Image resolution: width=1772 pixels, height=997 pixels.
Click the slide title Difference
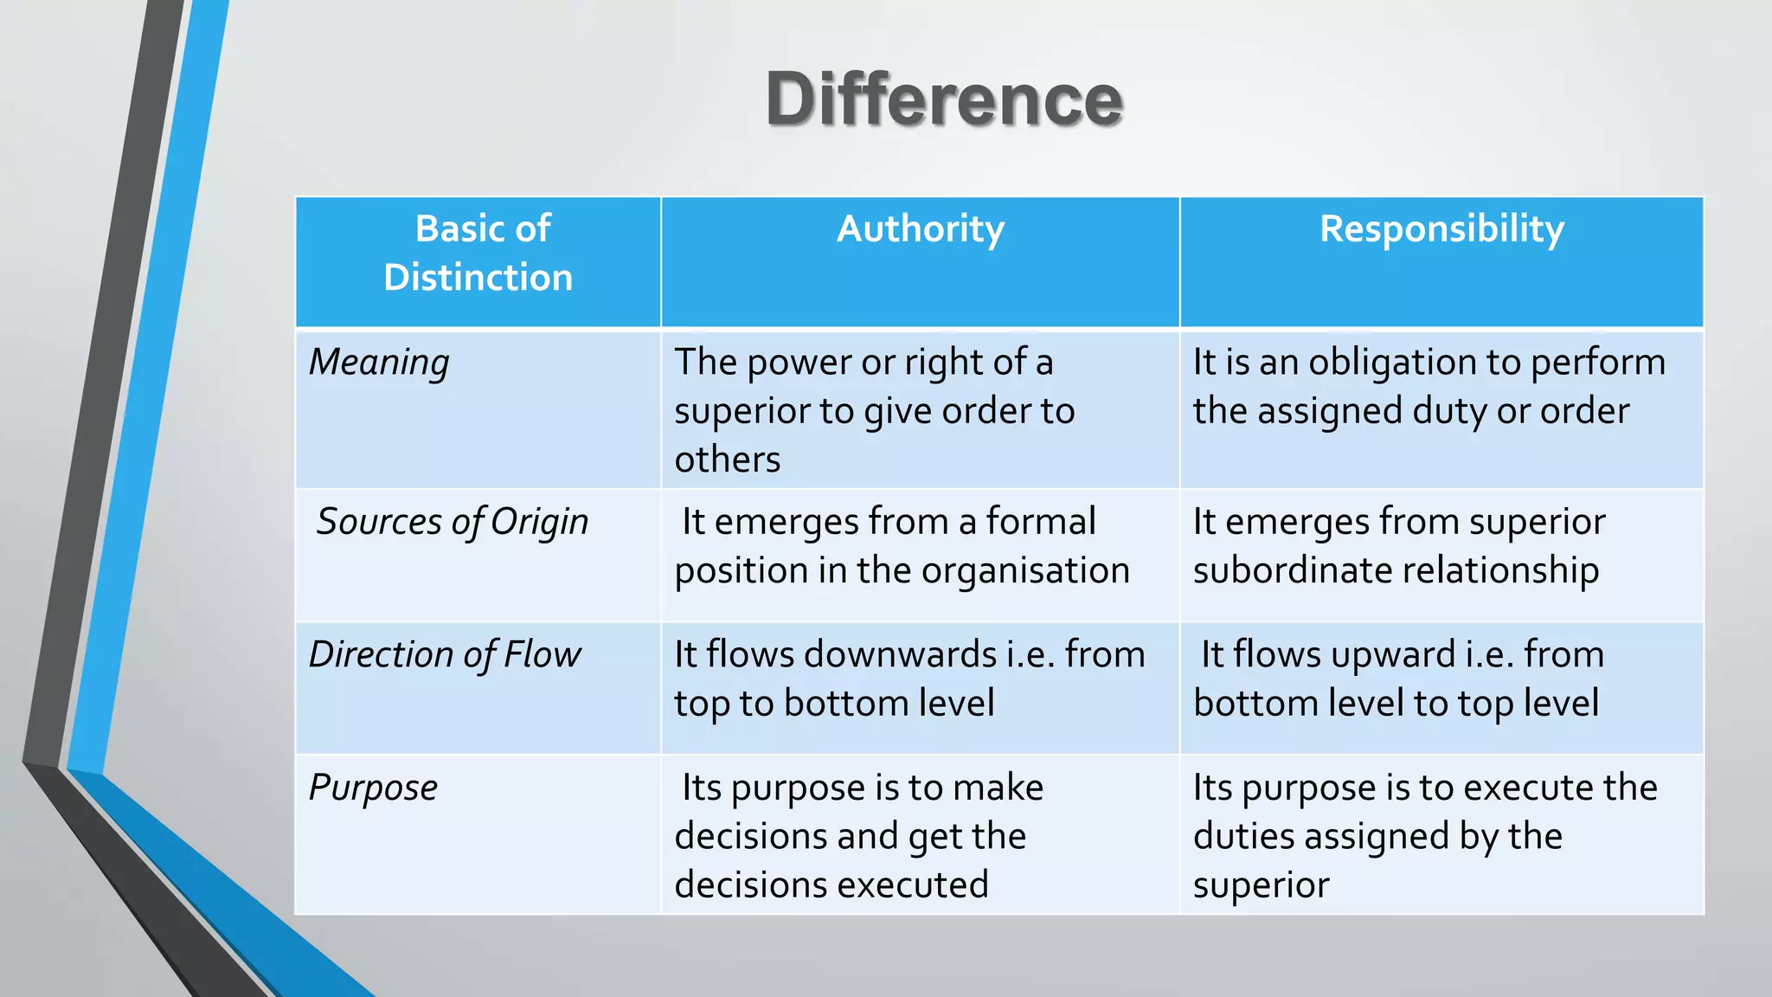click(x=944, y=100)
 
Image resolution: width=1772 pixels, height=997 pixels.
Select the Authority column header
click(x=920, y=229)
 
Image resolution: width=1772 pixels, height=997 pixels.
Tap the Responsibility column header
click(x=1441, y=229)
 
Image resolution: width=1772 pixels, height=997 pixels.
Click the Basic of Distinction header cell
click(x=478, y=254)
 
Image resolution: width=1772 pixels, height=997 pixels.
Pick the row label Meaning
click(x=379, y=362)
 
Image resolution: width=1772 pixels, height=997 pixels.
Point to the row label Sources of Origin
click(x=452, y=522)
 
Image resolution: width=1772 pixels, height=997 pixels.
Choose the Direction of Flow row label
click(x=445, y=654)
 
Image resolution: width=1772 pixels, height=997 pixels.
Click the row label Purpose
click(x=373, y=788)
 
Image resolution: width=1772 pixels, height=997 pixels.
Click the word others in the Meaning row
click(x=727, y=460)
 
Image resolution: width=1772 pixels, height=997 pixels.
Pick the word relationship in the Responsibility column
click(x=1500, y=571)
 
